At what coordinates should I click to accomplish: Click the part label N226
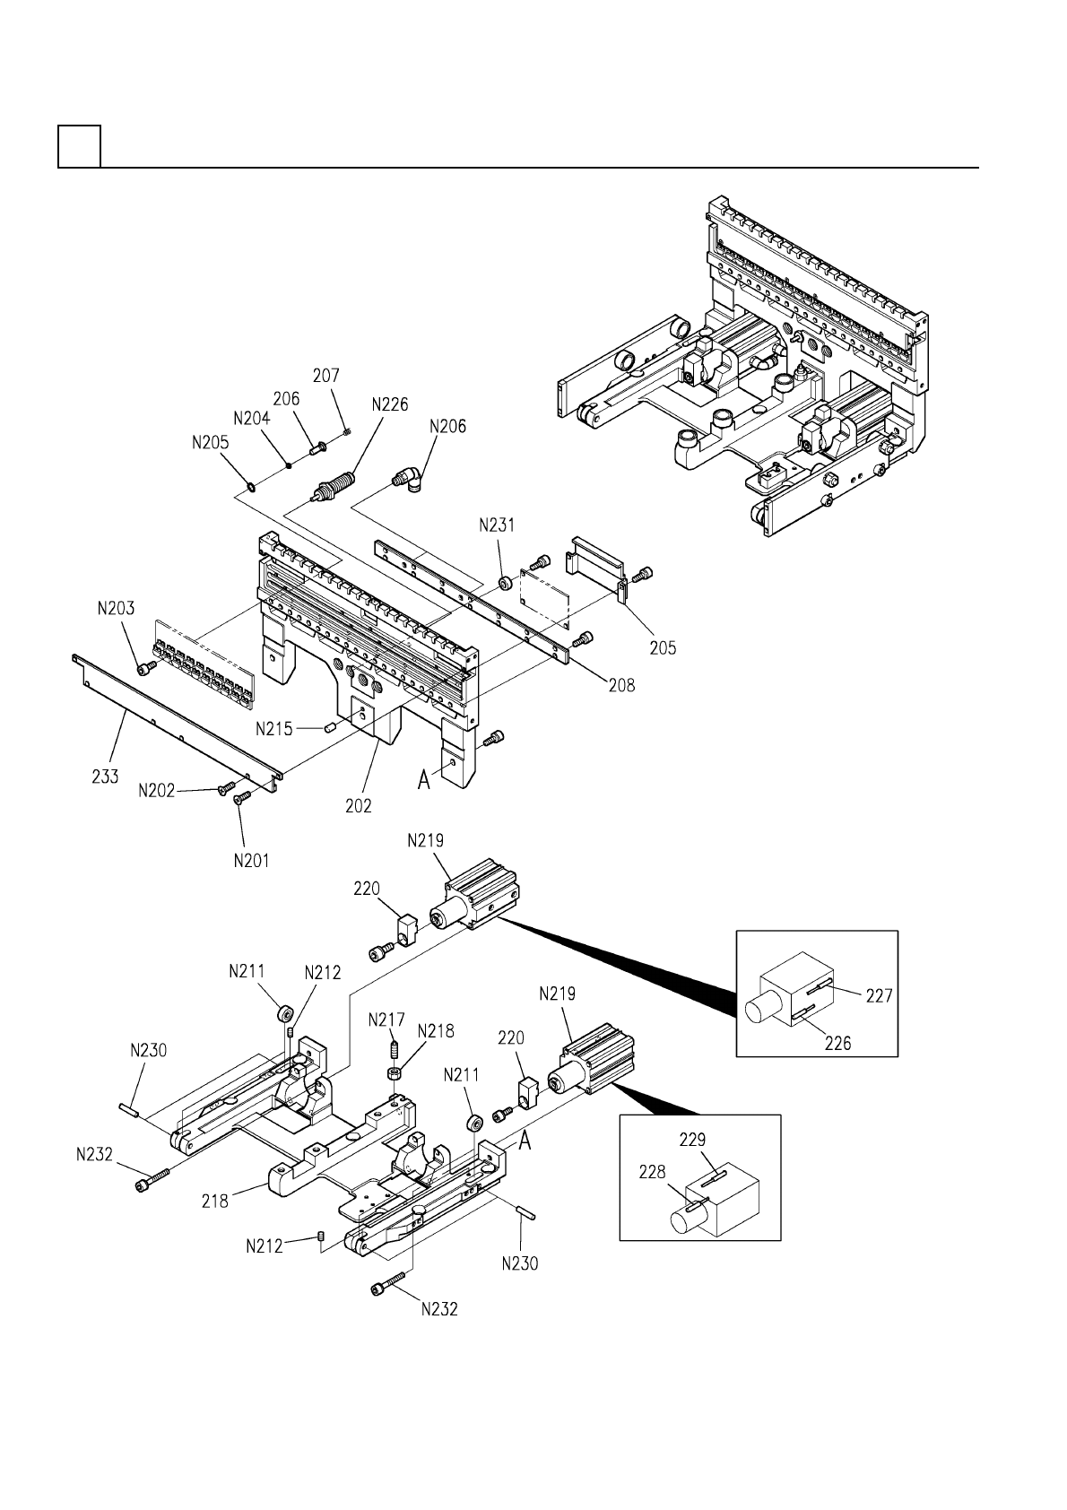coord(390,404)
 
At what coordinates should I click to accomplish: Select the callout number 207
coord(326,376)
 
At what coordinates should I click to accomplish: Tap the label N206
coord(447,427)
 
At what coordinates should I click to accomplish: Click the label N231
coord(497,525)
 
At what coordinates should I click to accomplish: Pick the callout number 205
coord(663,647)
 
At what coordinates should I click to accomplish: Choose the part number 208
coord(621,686)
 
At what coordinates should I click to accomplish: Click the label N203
coord(116,609)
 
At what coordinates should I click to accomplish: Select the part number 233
coord(105,777)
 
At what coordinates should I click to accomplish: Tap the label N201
coord(251,861)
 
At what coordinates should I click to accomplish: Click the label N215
coord(273,729)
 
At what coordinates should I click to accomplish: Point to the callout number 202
coord(358,805)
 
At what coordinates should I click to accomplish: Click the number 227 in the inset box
coord(879,995)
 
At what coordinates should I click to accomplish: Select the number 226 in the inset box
coord(837,1044)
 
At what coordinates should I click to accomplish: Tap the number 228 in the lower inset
coord(652,1172)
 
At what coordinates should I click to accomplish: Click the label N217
coord(386,1020)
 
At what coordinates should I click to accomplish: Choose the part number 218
coord(214,1201)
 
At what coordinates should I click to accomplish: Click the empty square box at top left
coord(80,146)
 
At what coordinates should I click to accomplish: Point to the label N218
coord(436,1031)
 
